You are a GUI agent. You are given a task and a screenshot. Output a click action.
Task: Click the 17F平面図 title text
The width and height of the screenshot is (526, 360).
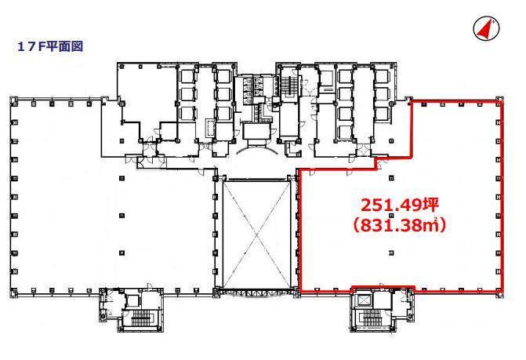50,46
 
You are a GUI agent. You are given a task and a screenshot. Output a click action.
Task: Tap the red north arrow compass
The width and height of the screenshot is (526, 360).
486,29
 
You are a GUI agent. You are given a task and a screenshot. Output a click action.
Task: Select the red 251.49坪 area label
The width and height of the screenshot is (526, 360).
400,205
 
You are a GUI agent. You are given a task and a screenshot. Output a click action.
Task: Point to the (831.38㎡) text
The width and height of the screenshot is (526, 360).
400,225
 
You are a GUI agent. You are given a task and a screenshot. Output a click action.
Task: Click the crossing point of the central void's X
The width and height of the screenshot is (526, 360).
256,235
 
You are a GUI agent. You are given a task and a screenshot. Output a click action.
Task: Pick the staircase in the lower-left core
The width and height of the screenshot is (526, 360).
142,318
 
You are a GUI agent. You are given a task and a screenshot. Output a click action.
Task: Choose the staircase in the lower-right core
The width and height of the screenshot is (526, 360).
372,318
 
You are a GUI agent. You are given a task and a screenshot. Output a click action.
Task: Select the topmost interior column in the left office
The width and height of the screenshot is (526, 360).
122,178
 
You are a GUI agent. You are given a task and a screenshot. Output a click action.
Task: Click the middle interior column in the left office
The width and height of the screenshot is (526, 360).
122,216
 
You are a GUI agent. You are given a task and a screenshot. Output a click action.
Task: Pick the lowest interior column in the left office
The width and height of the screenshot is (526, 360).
122,253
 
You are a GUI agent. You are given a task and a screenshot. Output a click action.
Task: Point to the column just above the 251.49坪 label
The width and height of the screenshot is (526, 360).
391,178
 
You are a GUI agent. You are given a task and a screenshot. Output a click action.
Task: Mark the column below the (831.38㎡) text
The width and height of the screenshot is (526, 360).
391,253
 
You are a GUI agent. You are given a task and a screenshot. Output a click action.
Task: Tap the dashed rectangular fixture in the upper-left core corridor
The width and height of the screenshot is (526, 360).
210,128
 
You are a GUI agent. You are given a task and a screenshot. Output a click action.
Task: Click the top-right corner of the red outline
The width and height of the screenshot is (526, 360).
502,101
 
